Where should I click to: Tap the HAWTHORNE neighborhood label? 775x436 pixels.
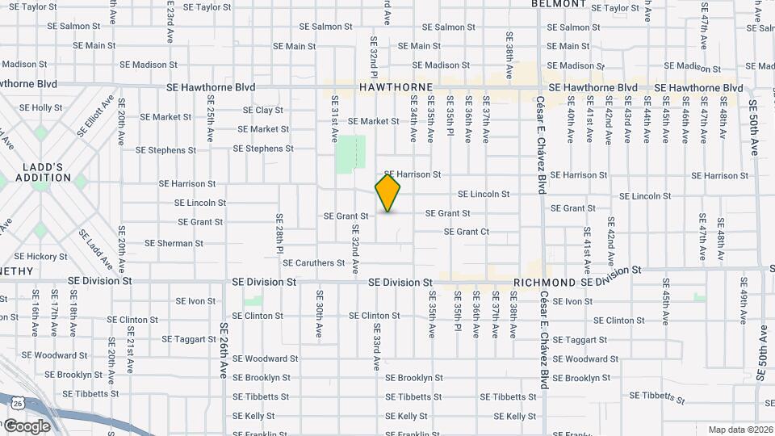tap(396, 86)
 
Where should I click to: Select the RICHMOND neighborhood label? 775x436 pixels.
tap(545, 283)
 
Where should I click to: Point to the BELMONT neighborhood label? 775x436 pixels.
tap(558, 4)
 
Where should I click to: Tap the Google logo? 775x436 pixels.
tap(27, 426)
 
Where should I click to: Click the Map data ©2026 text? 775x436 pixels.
tap(739, 430)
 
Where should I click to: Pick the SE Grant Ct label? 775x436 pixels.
tap(467, 232)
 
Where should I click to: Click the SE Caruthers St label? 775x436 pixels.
tap(314, 263)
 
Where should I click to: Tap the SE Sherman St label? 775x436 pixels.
tap(174, 243)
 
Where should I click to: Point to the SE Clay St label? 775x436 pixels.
tap(263, 111)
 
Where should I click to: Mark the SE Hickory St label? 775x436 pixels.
tap(40, 257)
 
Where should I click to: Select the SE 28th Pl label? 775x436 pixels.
tap(279, 234)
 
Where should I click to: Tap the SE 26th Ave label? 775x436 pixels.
tap(224, 351)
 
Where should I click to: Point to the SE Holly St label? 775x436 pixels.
tap(40, 107)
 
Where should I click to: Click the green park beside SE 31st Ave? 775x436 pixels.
tap(350, 153)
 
